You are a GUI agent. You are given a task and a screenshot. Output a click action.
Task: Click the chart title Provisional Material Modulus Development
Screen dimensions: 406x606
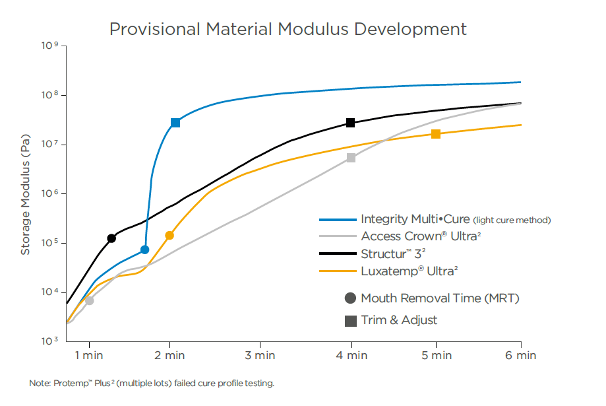pos(288,29)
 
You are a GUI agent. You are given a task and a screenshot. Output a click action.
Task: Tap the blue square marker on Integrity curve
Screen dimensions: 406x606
pos(175,123)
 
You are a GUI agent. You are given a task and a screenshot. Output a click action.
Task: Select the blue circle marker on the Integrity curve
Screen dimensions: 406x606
pos(145,250)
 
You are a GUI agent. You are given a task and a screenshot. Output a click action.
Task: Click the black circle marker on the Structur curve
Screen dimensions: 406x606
pos(111,238)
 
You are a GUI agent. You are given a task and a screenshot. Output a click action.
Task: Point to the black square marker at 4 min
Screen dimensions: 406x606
pos(351,123)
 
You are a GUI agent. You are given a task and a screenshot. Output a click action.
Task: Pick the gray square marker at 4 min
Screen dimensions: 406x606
pos(351,158)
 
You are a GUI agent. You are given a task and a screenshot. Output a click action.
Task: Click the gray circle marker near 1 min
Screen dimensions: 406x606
pos(90,300)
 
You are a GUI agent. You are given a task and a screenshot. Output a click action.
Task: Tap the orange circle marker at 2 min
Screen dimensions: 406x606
pos(169,235)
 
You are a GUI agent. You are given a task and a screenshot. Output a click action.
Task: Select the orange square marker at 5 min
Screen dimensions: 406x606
pos(436,134)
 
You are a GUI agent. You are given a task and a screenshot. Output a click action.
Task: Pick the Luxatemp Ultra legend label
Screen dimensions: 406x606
pos(409,271)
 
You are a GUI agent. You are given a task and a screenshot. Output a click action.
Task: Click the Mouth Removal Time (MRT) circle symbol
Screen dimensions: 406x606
pos(350,298)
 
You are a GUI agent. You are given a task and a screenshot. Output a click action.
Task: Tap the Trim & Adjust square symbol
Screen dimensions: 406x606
pos(350,321)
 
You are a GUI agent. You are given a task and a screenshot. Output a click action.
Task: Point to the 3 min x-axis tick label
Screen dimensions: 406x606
pos(260,356)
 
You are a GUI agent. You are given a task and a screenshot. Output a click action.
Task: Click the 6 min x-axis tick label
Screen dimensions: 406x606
pos(521,356)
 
